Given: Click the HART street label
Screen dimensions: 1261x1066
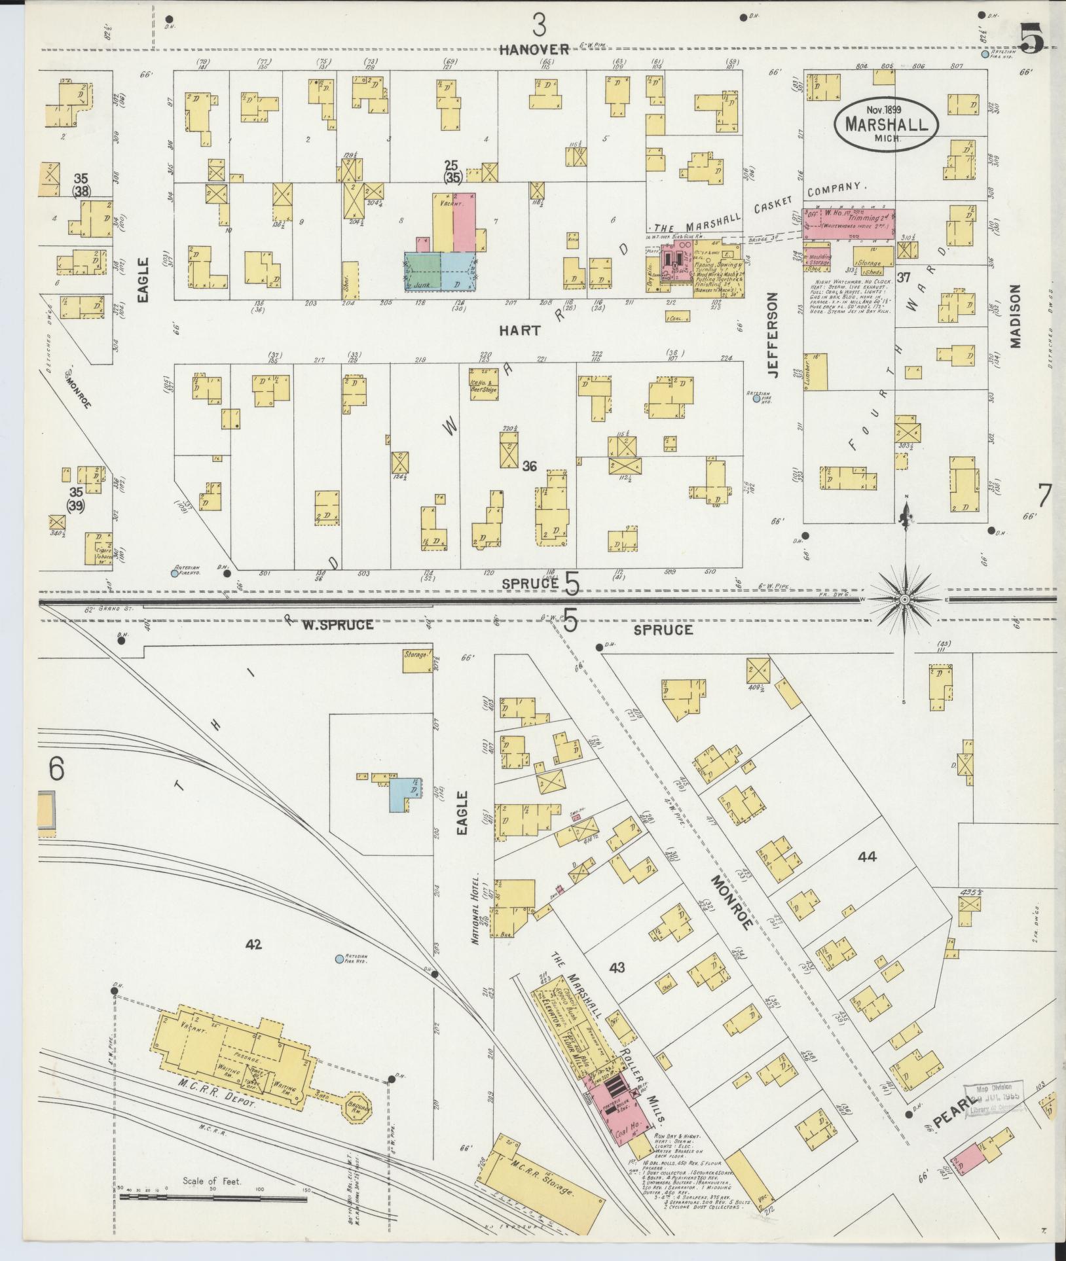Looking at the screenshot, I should (519, 331).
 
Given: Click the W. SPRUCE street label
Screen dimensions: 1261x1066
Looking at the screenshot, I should (338, 625).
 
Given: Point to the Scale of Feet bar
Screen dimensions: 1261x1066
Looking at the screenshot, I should (213, 1198).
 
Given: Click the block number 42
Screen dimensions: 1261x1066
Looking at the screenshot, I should (254, 944).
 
